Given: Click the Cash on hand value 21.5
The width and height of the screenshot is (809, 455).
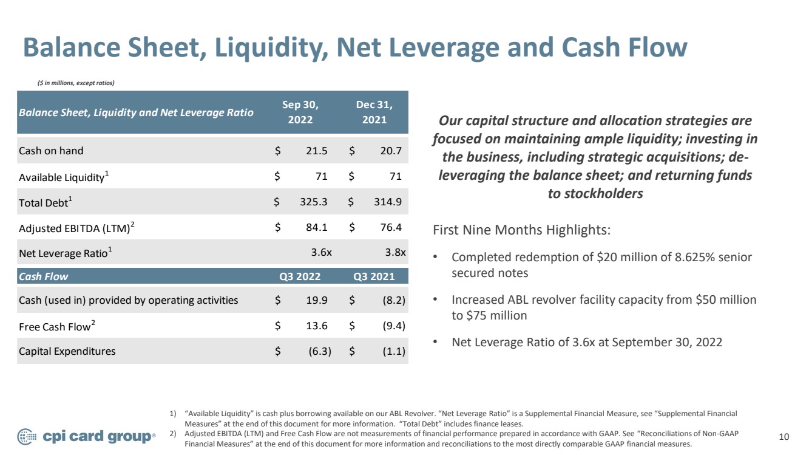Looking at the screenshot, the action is tap(316, 150).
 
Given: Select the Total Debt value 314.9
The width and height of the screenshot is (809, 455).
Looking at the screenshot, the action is tap(388, 201).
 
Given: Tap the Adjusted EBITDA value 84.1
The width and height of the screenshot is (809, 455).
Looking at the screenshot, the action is tap(316, 227).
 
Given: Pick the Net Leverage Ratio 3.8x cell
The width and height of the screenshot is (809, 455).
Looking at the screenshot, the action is tap(395, 252).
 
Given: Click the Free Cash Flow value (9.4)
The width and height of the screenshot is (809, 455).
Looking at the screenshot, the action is tap(394, 326).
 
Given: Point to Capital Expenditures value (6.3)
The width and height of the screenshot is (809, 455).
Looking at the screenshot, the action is tap(320, 351).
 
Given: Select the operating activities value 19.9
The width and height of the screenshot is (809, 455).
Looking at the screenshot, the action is tap(317, 300).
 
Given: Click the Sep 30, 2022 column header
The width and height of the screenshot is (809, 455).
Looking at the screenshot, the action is tap(300, 112).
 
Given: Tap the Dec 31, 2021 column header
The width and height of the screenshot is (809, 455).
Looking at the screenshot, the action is tap(374, 112).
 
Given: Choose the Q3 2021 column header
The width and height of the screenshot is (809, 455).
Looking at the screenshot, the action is tap(374, 276).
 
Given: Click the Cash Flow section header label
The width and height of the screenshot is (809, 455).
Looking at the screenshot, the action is tap(43, 276).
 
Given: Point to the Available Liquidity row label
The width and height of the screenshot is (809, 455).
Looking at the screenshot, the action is tap(64, 177).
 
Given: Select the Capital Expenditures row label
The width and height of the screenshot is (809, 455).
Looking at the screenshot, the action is tap(67, 351).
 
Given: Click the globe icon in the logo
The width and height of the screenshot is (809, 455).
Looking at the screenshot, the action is tap(27, 437).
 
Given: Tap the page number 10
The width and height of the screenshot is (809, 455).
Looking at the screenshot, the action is tap(784, 437).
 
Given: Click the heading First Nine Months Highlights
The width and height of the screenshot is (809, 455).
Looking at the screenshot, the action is tap(521, 230).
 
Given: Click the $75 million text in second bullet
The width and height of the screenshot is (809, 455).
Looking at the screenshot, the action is tap(496, 315).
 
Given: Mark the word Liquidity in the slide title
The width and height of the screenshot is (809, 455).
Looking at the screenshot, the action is tap(271, 48).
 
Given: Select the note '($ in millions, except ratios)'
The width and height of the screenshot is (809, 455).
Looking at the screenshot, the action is tap(76, 83).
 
